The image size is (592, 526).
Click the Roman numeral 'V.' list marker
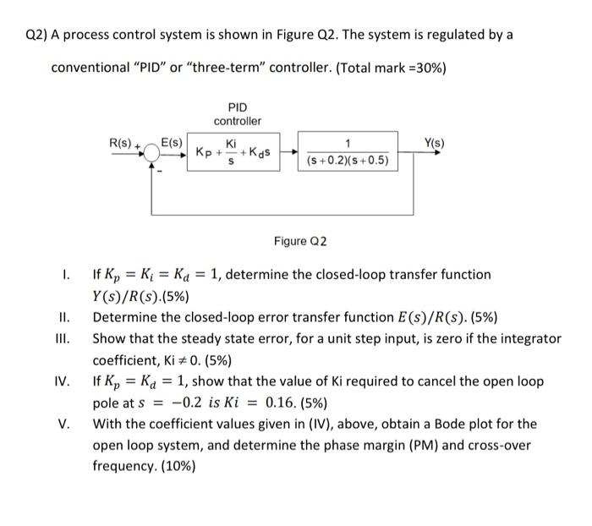tap(65, 423)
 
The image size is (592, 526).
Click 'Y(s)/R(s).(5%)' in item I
tap(140, 296)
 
